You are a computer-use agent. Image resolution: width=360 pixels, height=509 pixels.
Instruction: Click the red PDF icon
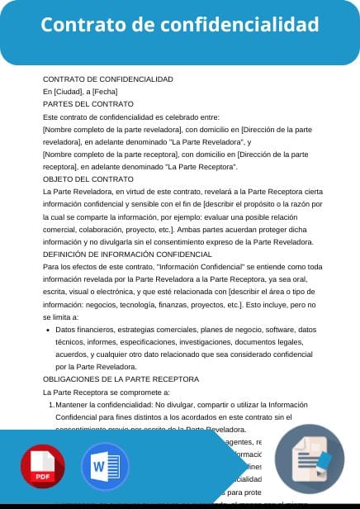(43, 467)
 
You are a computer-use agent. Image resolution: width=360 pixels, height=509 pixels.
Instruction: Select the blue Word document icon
(105, 467)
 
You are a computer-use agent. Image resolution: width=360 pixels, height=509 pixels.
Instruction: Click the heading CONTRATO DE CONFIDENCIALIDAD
(108, 79)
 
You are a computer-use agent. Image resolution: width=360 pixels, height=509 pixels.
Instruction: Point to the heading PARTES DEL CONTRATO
(88, 104)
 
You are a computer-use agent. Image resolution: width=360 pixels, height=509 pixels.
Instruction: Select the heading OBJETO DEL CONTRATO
(88, 178)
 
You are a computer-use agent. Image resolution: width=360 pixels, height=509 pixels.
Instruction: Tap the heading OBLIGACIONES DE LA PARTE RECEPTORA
(121, 378)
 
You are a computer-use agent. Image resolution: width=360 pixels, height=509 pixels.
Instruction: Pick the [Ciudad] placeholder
(68, 92)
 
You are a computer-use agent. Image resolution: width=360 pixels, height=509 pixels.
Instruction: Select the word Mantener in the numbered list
(75, 405)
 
